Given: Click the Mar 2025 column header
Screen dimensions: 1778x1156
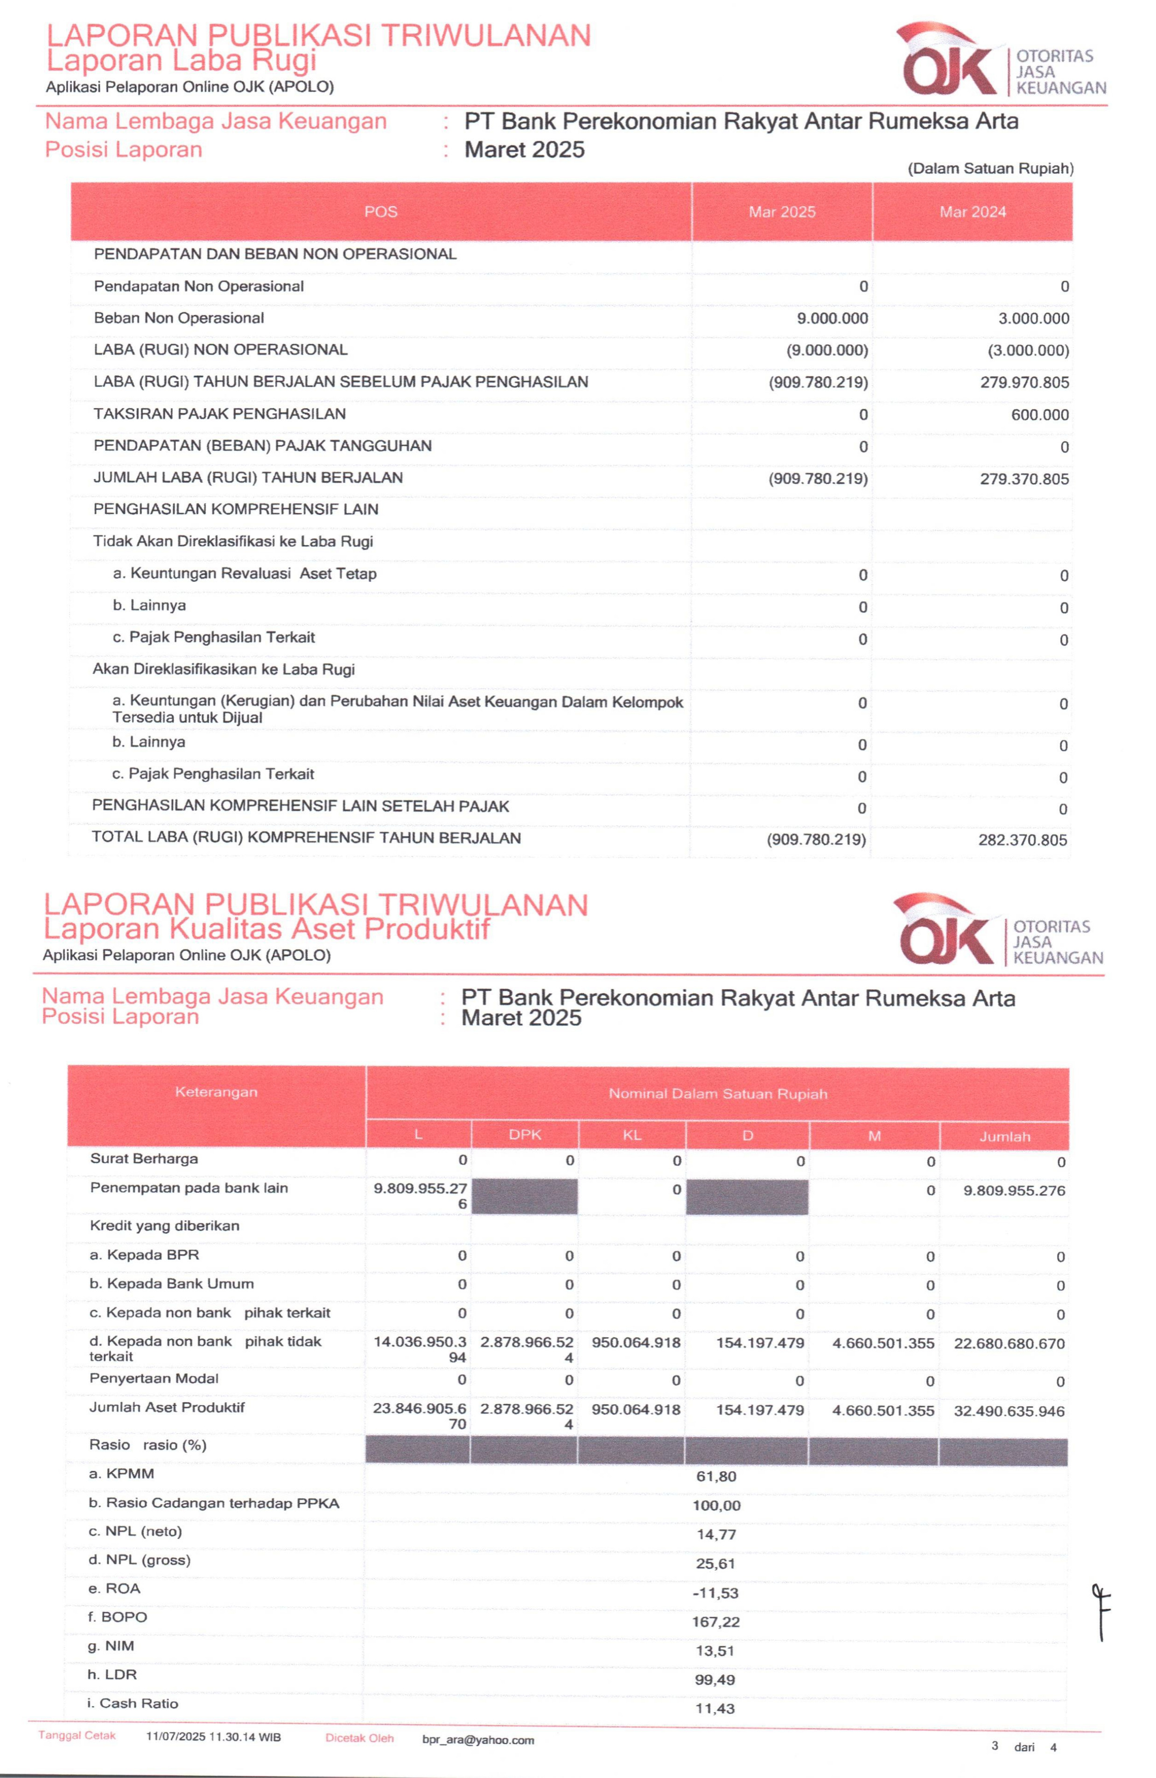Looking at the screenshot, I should point(781,212).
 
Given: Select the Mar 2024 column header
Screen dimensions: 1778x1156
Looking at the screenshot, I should point(972,212).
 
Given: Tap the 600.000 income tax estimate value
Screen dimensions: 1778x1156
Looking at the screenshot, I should point(1039,415).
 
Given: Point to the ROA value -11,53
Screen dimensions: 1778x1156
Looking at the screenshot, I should point(715,1593).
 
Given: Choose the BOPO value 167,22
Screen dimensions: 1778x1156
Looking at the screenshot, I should point(715,1622).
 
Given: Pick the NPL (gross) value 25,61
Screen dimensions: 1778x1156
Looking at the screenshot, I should point(716,1564).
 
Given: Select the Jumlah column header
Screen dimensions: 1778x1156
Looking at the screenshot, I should point(1004,1136).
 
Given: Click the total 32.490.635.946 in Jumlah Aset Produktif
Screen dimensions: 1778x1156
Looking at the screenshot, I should point(1009,1411).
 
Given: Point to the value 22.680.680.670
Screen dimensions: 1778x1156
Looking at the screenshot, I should point(1009,1343).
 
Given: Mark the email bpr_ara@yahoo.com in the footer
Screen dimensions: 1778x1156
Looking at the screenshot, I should point(478,1740).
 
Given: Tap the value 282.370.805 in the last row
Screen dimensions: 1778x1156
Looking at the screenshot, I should point(1023,840).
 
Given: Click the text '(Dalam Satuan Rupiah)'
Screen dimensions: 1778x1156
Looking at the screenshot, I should point(990,169).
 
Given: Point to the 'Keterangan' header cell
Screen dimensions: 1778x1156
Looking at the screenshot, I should point(216,1092).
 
